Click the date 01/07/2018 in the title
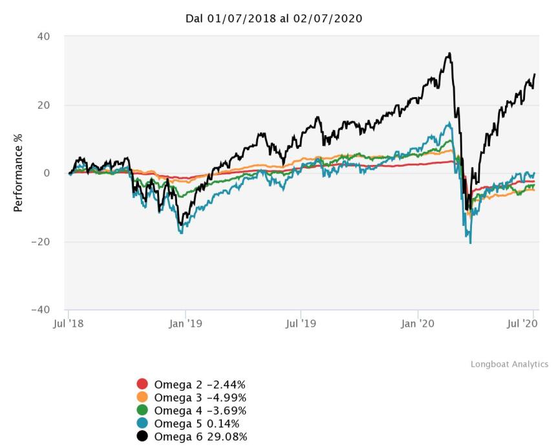[240, 19]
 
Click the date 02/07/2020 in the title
[330, 19]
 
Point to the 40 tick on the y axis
[43, 36]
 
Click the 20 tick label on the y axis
[43, 105]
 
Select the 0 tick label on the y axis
[47, 173]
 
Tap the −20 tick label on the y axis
[40, 242]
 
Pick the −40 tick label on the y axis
[40, 310]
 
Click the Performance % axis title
[18, 173]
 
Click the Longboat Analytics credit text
[509, 365]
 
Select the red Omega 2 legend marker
[143, 384]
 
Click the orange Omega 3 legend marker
[143, 397]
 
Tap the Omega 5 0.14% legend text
[197, 423]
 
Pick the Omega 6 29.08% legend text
[200, 436]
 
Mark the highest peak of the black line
[449, 54]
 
